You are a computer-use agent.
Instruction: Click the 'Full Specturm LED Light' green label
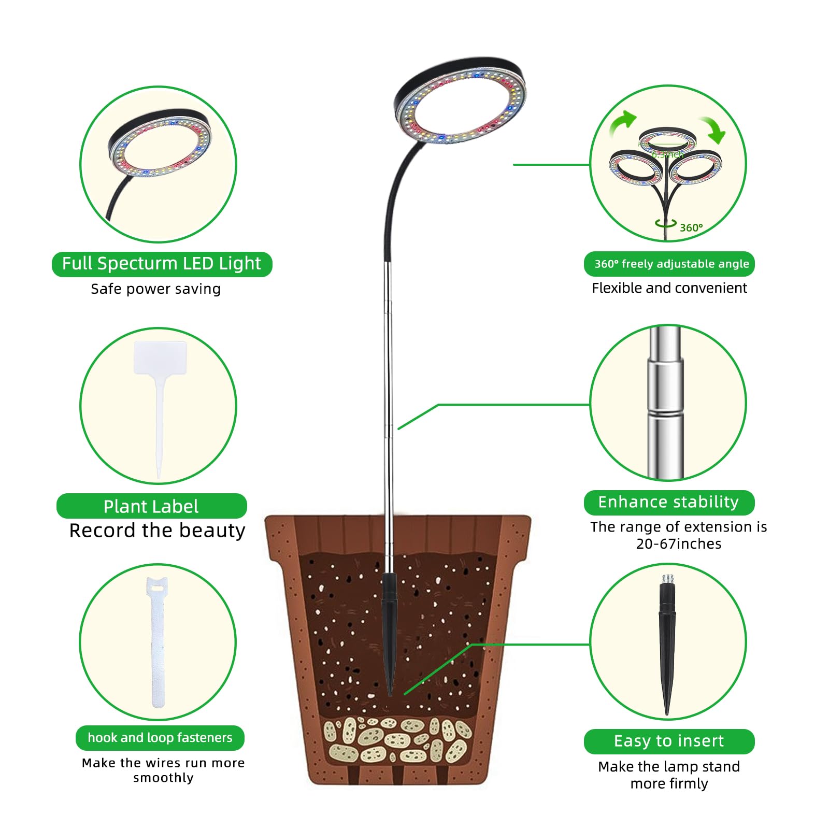[162, 264]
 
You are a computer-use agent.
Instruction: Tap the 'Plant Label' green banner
[151, 506]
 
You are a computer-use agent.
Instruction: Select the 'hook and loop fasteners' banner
[160, 738]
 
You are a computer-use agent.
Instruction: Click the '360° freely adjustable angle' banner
[669, 264]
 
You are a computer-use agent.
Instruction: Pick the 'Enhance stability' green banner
[669, 503]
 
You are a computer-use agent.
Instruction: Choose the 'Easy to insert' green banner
[669, 741]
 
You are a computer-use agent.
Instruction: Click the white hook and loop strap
[158, 642]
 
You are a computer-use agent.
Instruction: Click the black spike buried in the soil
[389, 632]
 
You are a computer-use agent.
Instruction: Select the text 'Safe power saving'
[156, 289]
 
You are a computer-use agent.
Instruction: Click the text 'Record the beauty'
[158, 531]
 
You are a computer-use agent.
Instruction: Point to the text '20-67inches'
[679, 544]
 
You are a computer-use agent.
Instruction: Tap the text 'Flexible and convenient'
[669, 288]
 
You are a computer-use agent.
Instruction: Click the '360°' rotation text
[691, 228]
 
